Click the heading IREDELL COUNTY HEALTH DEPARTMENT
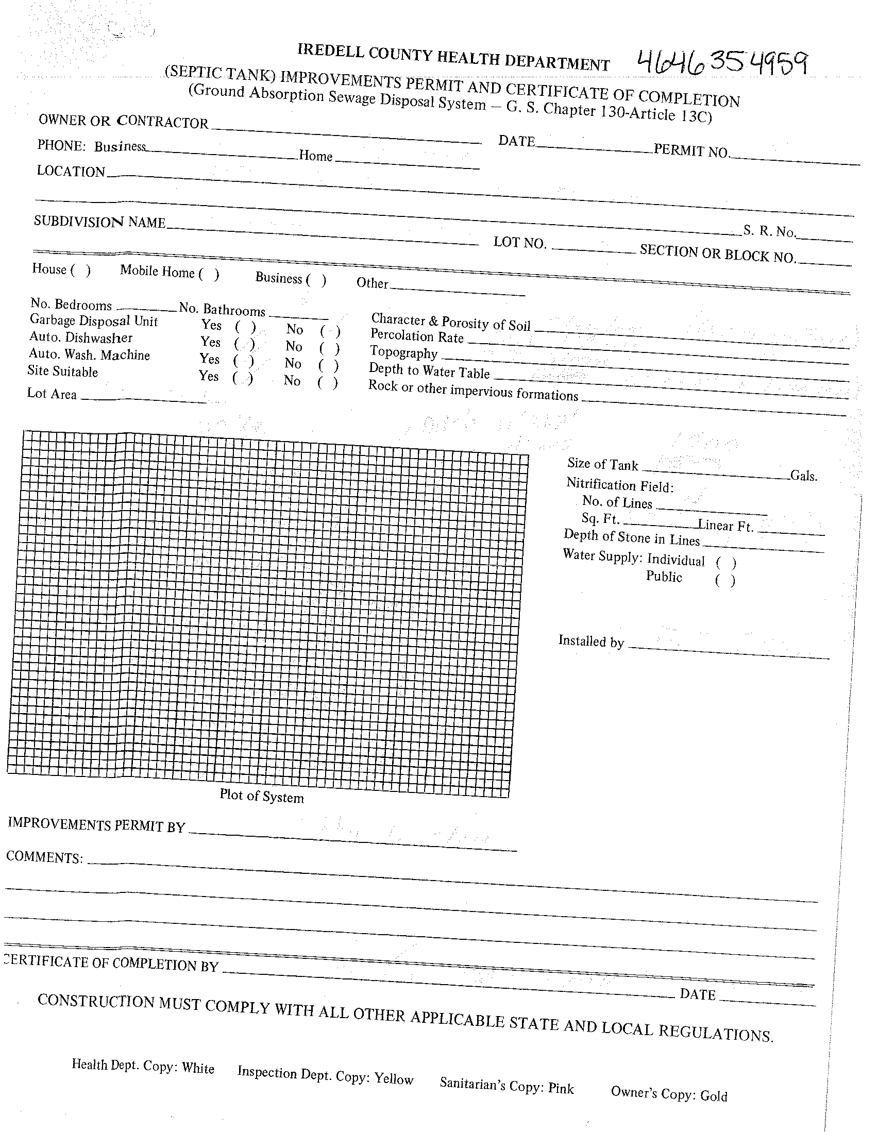coord(453,58)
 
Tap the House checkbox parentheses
coord(80,271)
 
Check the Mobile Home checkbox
coord(209,275)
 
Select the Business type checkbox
coord(316,280)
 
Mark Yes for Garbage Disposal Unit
coord(245,327)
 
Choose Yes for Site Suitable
coord(243,378)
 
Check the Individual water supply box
coord(725,563)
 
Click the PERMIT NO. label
coord(691,151)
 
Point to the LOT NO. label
coord(520,243)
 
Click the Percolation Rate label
coord(417,336)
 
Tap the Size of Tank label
coord(602,464)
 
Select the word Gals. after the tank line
coord(803,475)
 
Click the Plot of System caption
coord(261,796)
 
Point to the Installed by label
coord(591,641)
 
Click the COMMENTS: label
coord(45,857)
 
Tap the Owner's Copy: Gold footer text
coord(669,1094)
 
